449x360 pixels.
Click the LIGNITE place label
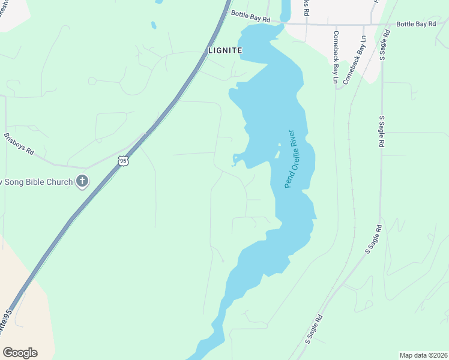(224, 51)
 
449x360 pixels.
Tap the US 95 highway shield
(123, 161)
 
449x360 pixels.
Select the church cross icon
(83, 181)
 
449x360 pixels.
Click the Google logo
(20, 353)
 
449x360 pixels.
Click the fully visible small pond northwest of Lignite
(154, 25)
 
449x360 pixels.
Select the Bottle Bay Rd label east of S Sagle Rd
(415, 24)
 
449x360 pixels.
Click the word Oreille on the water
(290, 161)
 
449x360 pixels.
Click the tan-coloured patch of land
(21, 282)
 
